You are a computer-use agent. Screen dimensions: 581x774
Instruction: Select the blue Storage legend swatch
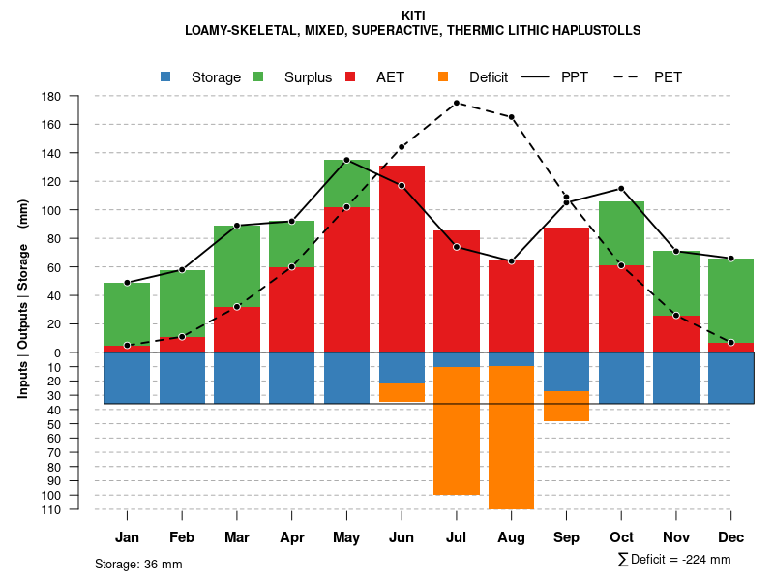click(165, 76)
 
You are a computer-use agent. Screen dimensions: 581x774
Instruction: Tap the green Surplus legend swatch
click(258, 76)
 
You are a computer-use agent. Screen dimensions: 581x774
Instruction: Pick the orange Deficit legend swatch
click(443, 76)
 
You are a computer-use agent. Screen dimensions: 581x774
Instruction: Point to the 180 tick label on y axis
click(52, 96)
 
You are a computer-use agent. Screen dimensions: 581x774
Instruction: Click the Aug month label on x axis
click(511, 537)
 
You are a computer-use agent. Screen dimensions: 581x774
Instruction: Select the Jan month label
click(127, 537)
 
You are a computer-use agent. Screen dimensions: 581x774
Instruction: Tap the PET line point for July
click(457, 103)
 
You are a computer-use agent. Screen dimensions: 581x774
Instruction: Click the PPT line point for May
click(346, 160)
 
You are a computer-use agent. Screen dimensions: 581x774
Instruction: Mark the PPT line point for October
click(621, 188)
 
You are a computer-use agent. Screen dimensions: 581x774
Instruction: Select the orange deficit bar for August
click(511, 437)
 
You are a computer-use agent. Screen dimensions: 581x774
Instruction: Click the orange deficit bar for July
click(457, 431)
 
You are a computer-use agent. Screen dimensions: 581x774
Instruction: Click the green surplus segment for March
click(237, 266)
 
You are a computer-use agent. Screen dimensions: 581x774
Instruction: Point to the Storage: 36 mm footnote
click(138, 564)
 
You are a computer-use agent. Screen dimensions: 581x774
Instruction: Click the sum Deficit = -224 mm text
click(673, 560)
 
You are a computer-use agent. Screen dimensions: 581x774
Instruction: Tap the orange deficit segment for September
click(566, 406)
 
